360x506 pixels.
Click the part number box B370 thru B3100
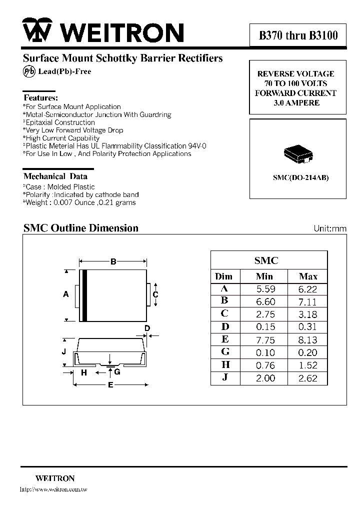pyautogui.click(x=298, y=35)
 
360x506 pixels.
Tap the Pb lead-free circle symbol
pyautogui.click(x=28, y=71)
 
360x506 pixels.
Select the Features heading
pyautogui.click(x=40, y=98)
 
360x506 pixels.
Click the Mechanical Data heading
pyautogui.click(x=55, y=176)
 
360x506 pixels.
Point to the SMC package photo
pyautogui.click(x=298, y=153)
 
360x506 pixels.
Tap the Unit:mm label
pyautogui.click(x=329, y=228)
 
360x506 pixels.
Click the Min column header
pyautogui.click(x=264, y=276)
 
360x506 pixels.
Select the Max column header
pyautogui.click(x=308, y=276)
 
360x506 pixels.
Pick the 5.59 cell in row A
pyautogui.click(x=265, y=289)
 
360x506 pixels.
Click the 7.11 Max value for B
pyautogui.click(x=308, y=301)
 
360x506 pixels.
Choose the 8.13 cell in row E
pyautogui.click(x=308, y=340)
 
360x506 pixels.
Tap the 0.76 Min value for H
pyautogui.click(x=265, y=365)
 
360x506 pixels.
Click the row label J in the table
pyautogui.click(x=225, y=378)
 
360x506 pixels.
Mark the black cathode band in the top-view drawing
pyautogui.click(x=85, y=295)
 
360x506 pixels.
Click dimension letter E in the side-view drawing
pyautogui.click(x=110, y=385)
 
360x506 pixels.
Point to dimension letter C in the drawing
pyautogui.click(x=155, y=294)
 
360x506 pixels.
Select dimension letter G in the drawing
pyautogui.click(x=117, y=372)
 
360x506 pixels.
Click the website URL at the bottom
pyautogui.click(x=53, y=489)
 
